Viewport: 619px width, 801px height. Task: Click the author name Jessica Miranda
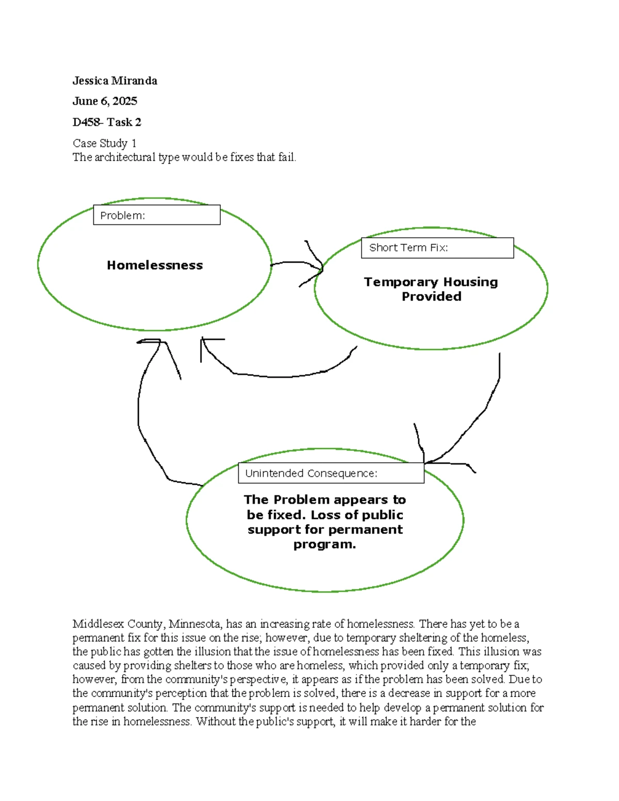coord(115,80)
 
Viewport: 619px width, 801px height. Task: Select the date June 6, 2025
coord(105,101)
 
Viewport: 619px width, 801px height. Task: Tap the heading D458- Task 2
coord(107,122)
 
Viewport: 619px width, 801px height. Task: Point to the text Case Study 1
coord(104,143)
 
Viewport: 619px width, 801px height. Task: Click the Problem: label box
coord(156,215)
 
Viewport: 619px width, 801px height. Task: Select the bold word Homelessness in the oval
coord(155,265)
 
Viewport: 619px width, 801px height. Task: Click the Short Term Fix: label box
coord(437,248)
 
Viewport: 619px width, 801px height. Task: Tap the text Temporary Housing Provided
coord(431,289)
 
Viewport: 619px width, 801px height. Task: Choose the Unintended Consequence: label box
coord(331,473)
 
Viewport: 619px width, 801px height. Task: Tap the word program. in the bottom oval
coord(324,544)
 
